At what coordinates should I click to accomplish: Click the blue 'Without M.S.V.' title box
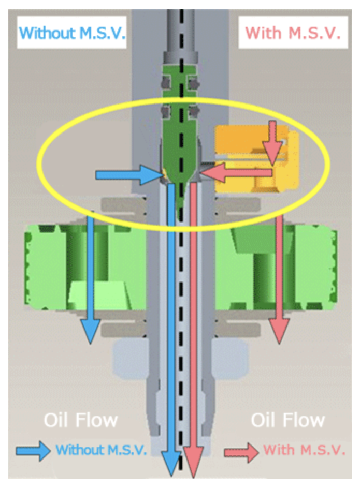click(72, 32)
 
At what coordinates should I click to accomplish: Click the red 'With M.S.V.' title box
click(293, 32)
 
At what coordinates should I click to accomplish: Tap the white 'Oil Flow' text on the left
click(81, 420)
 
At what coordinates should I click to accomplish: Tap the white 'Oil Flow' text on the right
click(288, 420)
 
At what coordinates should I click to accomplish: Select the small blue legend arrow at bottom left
click(33, 451)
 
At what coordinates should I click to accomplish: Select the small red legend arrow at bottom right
click(241, 452)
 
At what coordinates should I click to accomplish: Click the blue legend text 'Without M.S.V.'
click(101, 450)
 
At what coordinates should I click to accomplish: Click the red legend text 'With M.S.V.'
click(305, 450)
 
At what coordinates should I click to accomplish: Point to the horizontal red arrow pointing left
click(236, 172)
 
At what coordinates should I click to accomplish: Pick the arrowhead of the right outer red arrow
click(279, 331)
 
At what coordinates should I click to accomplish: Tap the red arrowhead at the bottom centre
click(193, 463)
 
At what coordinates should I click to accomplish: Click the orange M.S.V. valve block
click(256, 158)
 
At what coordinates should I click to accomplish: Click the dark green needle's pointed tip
click(180, 219)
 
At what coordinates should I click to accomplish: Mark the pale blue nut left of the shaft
click(130, 359)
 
